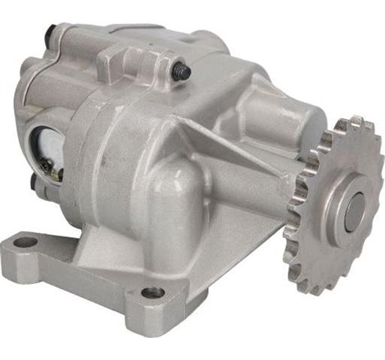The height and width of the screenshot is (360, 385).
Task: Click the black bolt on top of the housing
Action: click(185, 71)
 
